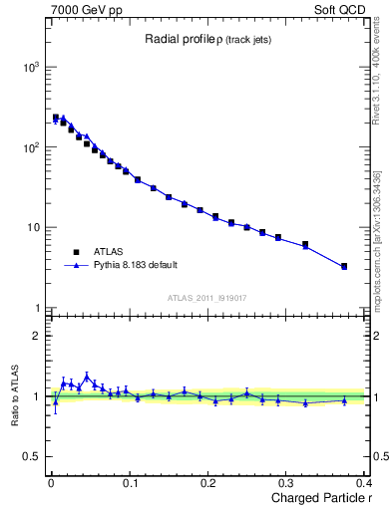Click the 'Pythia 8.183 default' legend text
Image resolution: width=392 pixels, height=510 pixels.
click(139, 266)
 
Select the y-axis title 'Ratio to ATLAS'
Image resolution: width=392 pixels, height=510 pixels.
click(14, 395)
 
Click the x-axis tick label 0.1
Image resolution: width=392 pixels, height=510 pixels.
click(129, 483)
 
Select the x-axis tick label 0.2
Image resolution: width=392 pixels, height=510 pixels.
click(207, 483)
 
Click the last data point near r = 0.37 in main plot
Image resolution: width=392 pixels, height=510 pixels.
click(344, 266)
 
